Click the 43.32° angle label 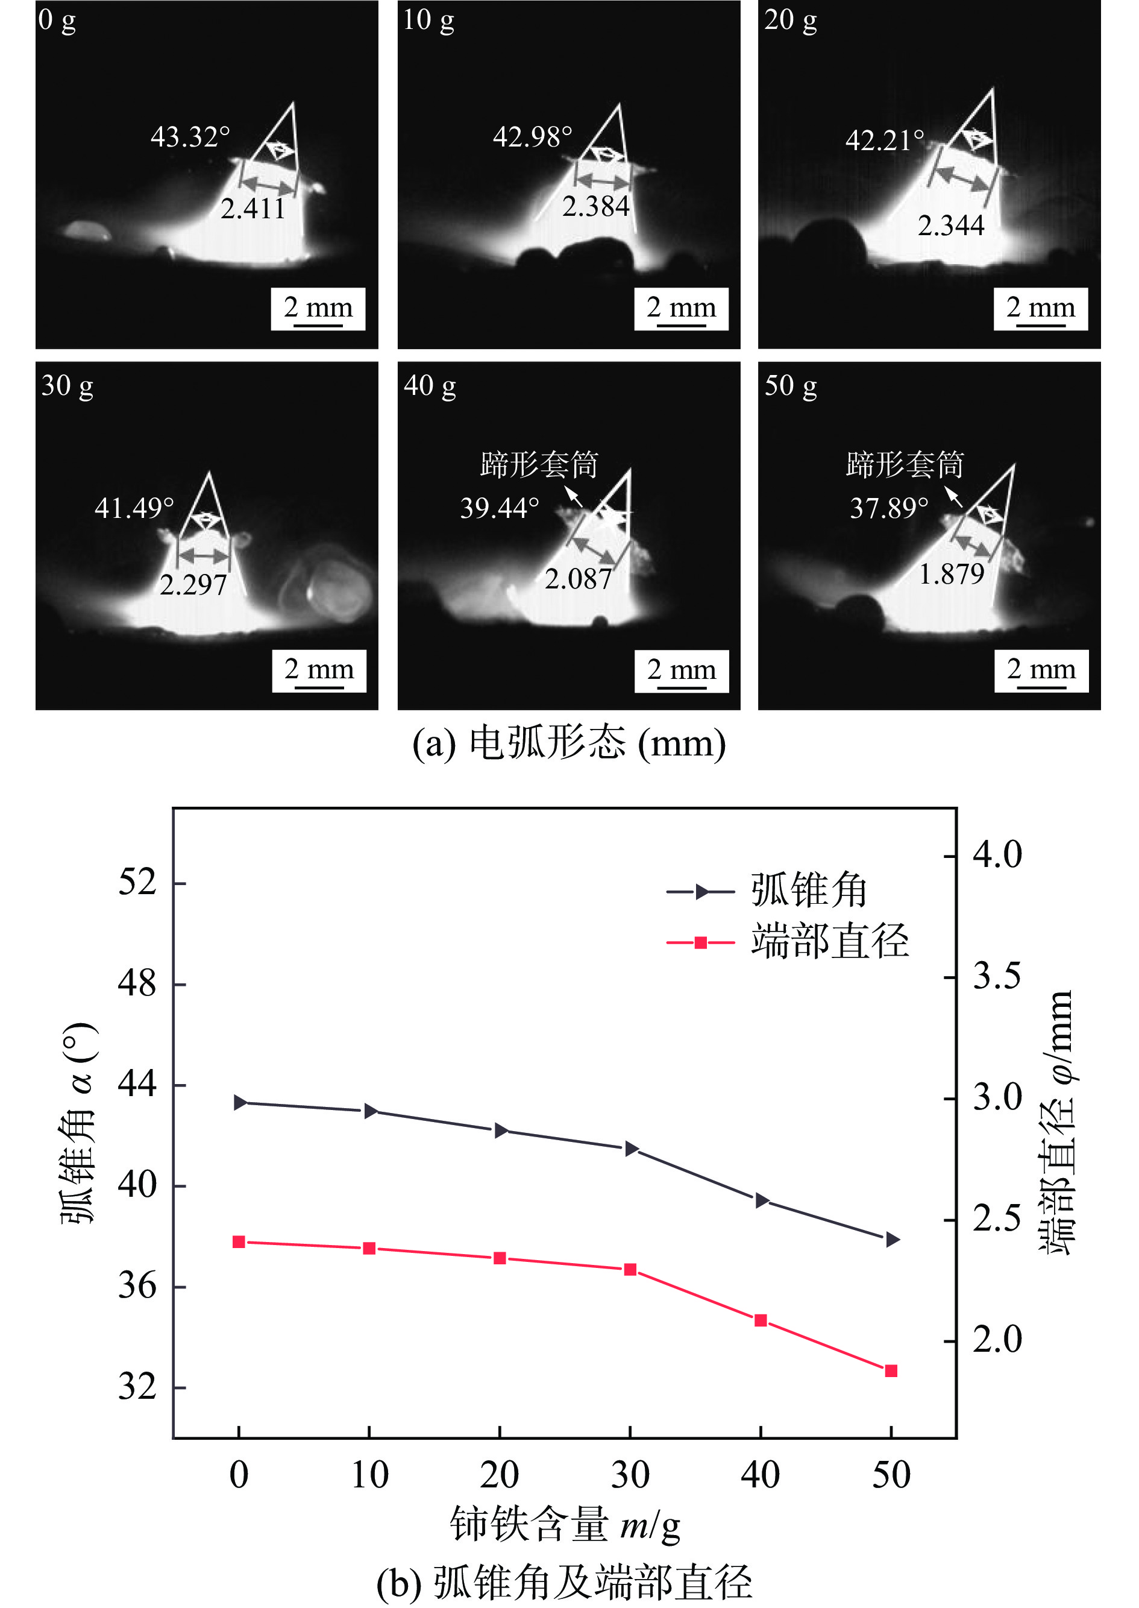coord(190,137)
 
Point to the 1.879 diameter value coord(951,575)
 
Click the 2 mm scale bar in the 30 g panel coord(319,672)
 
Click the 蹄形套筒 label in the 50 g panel coord(905,464)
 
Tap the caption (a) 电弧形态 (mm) coord(568,743)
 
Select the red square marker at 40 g coord(761,1320)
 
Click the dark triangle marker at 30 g coord(630,1149)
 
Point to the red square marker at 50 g coord(891,1371)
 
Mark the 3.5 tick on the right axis coord(997,977)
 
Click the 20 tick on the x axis coord(500,1475)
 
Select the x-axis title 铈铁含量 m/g coord(565,1525)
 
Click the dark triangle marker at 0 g coord(240,1103)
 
